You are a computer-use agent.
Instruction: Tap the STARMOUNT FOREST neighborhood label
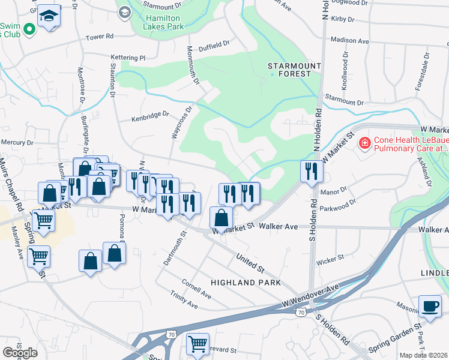point(289,69)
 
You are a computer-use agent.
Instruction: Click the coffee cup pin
point(430,305)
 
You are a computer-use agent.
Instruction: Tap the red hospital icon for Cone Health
point(364,143)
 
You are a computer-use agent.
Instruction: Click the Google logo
point(20,353)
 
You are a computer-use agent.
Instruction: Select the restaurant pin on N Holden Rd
point(312,171)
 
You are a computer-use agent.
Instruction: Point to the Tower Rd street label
point(100,37)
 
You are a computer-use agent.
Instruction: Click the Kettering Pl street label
point(128,58)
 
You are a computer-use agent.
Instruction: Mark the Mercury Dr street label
point(17,143)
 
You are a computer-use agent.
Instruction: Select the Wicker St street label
point(331,257)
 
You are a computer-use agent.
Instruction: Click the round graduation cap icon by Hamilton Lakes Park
point(124,12)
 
